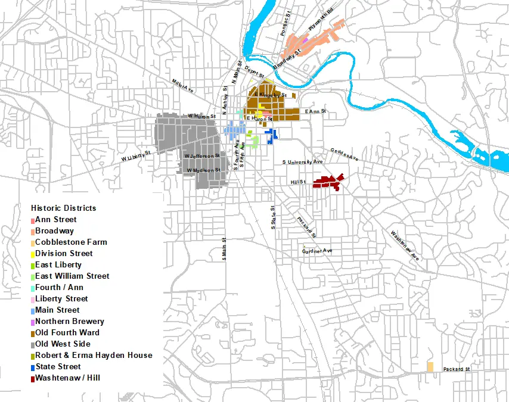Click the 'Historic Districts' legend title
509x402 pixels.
(x=63, y=208)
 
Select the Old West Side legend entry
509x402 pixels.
(x=63, y=344)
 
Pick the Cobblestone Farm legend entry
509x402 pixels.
(x=71, y=242)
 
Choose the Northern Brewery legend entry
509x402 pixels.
(x=69, y=321)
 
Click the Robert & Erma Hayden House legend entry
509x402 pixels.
(x=94, y=355)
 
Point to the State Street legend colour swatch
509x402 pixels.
(x=32, y=367)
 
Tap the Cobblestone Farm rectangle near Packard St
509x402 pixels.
(x=430, y=367)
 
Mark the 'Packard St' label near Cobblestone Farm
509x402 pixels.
(x=457, y=370)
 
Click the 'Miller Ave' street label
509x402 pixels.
(x=182, y=86)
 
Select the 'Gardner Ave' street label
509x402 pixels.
(x=317, y=251)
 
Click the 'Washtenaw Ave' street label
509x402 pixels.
(x=405, y=245)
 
